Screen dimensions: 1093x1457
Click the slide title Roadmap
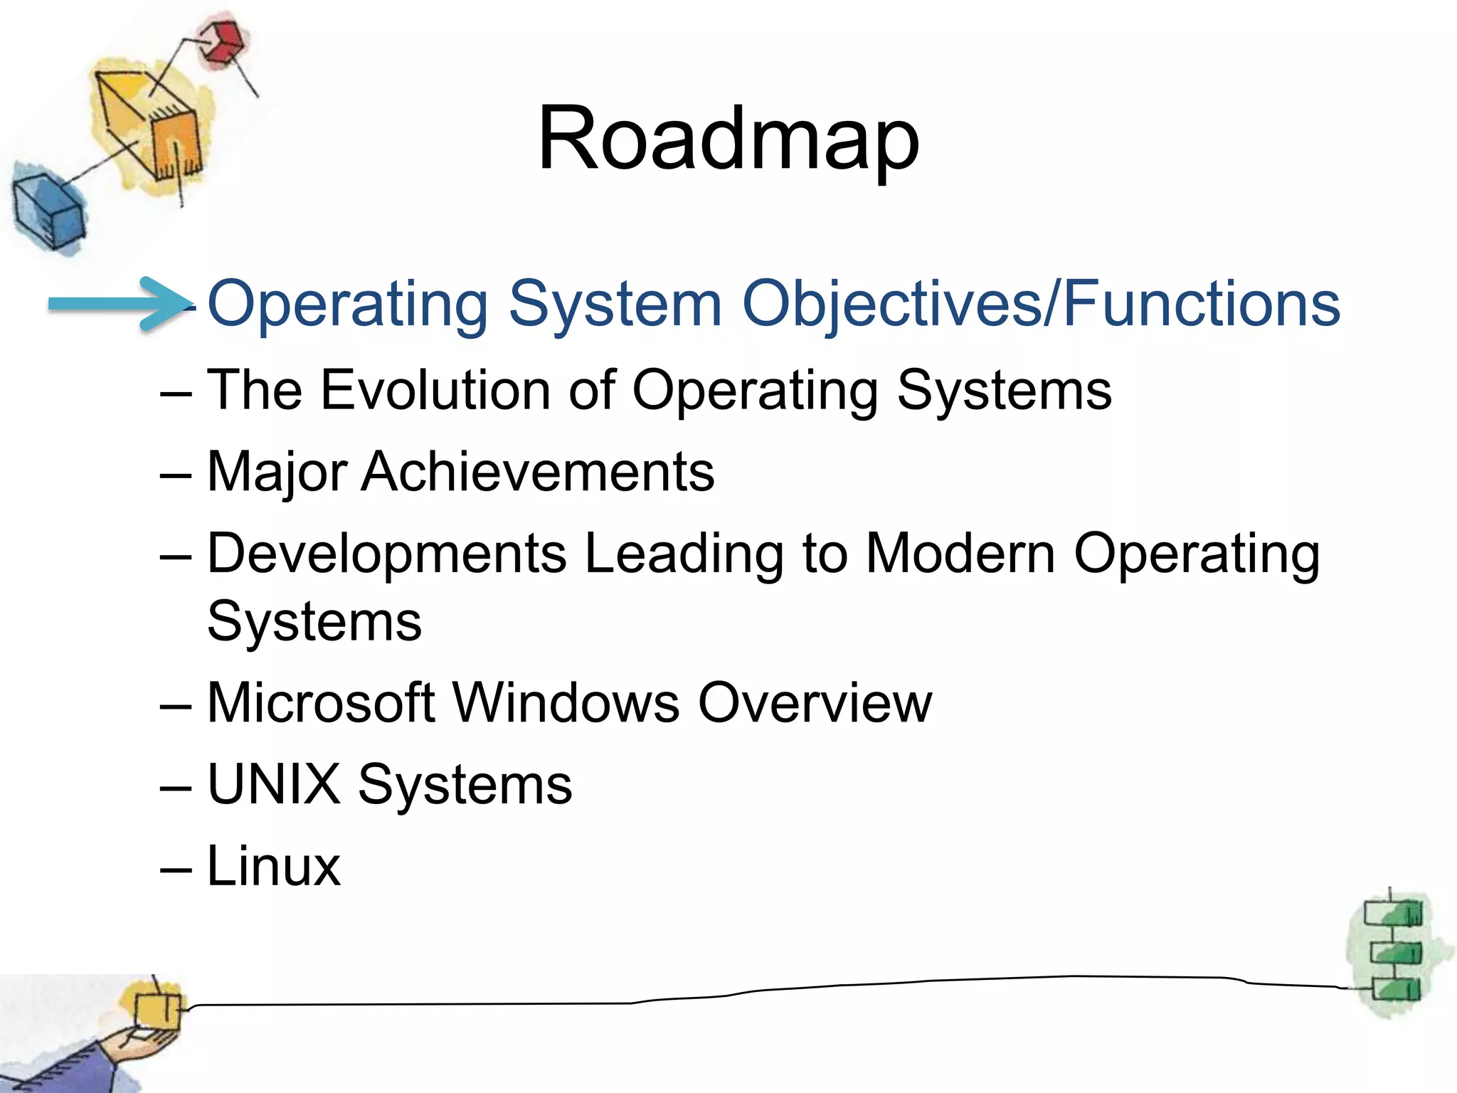728,139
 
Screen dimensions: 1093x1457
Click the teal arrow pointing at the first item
117,305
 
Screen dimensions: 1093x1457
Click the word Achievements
537,472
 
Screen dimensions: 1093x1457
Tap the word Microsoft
320,703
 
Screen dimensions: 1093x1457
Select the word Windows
566,703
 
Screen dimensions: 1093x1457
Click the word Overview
815,703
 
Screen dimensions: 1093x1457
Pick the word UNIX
273,785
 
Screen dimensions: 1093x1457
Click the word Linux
273,867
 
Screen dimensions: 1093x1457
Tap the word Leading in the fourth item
683,554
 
